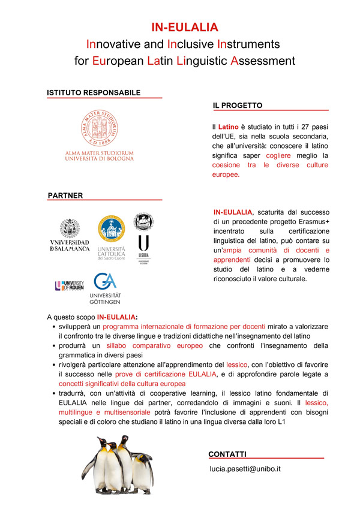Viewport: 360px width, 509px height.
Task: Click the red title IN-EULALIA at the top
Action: [x=184, y=27]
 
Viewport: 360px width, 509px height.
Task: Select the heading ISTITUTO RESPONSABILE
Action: [x=94, y=93]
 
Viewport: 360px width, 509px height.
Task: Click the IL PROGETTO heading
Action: [x=238, y=106]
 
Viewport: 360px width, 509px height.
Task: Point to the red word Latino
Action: [x=228, y=127]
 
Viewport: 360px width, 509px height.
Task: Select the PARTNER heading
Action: [x=65, y=195]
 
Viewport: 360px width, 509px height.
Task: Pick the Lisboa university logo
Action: [x=144, y=236]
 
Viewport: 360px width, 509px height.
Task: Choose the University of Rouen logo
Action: [x=70, y=285]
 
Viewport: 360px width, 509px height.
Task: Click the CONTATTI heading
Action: [x=227, y=454]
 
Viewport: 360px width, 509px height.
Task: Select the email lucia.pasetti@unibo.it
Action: [x=245, y=469]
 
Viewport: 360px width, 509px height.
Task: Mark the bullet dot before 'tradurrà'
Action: [x=54, y=393]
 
